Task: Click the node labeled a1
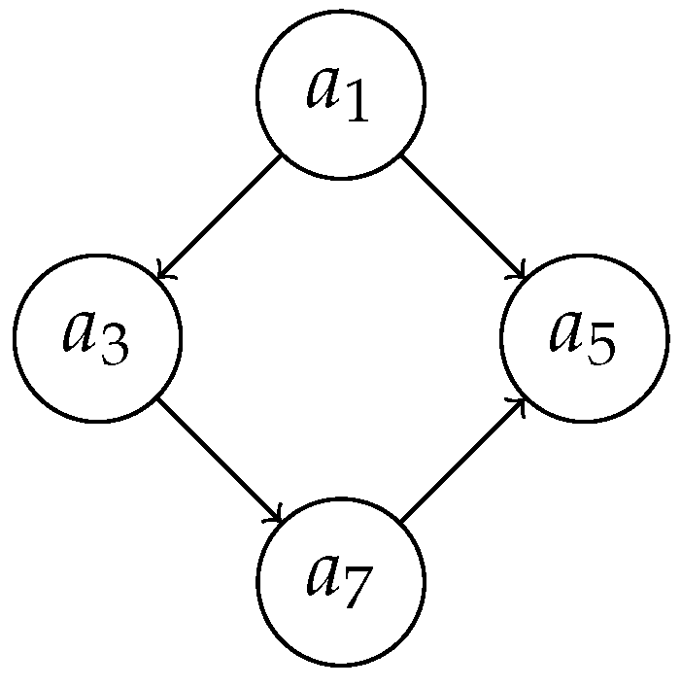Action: pyautogui.click(x=340, y=94)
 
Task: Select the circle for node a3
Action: pyautogui.click(x=97, y=338)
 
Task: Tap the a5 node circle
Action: pyautogui.click(x=584, y=338)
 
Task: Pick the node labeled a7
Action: pyautogui.click(x=340, y=581)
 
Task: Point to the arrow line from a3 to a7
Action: pyautogui.click(x=219, y=460)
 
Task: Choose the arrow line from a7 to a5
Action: pyautogui.click(x=462, y=460)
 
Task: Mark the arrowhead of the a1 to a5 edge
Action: pyautogui.click(x=522, y=275)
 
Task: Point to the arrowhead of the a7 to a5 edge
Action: pyautogui.click(x=522, y=401)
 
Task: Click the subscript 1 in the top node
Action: pyautogui.click(x=356, y=105)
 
